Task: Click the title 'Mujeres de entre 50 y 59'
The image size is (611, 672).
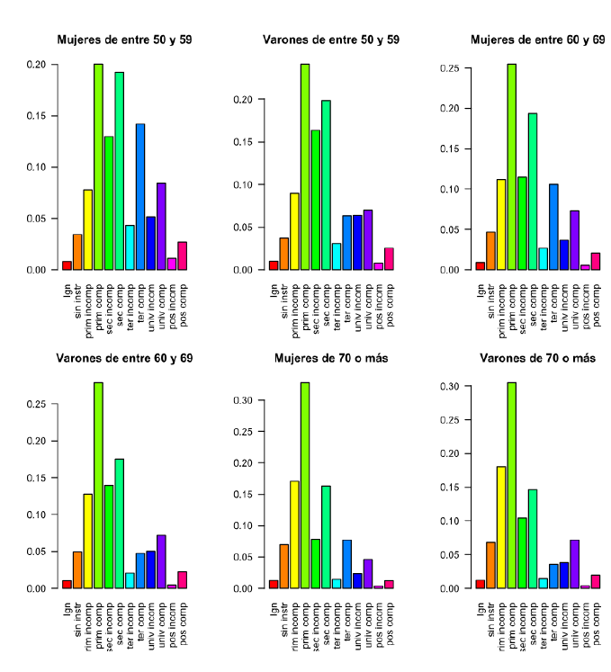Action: (124, 40)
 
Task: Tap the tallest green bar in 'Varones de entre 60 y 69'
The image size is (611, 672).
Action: (98, 485)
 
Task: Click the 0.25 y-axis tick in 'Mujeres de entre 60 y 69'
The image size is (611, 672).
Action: (448, 68)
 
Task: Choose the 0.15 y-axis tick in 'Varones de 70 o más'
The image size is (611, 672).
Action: (447, 487)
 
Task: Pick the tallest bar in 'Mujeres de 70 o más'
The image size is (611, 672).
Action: (305, 485)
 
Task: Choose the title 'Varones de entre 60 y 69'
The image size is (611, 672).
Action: (124, 359)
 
